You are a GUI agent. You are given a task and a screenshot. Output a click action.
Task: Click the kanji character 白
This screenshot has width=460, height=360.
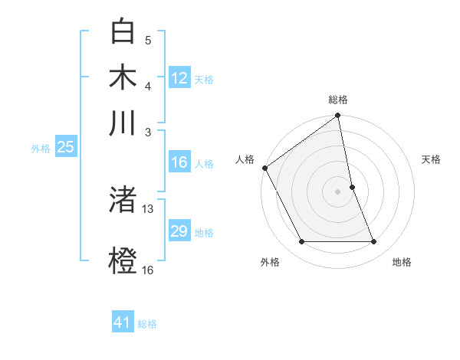click(123, 32)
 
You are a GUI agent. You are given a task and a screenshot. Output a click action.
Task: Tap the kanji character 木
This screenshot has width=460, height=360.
click(123, 77)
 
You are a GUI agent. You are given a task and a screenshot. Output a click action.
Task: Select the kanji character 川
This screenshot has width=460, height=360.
click(123, 123)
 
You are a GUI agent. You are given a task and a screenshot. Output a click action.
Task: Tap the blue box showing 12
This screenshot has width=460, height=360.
click(179, 78)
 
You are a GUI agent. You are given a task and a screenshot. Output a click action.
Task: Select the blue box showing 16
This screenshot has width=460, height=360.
click(179, 162)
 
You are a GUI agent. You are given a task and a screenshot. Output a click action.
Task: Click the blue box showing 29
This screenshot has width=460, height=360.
click(179, 231)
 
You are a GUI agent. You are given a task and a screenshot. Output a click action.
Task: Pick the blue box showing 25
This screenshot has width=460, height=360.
click(65, 147)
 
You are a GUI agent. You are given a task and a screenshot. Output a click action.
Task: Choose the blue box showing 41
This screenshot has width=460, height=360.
click(123, 322)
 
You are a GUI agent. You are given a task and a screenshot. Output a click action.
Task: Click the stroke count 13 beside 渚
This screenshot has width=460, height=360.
click(148, 208)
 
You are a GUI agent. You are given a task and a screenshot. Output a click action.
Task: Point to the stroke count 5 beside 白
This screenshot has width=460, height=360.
click(148, 40)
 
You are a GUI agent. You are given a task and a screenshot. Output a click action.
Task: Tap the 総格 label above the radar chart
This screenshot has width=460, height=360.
click(338, 100)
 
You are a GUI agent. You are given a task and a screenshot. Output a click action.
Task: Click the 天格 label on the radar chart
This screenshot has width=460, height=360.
click(431, 159)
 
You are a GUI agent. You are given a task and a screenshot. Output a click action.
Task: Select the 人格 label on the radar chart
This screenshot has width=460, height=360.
click(245, 159)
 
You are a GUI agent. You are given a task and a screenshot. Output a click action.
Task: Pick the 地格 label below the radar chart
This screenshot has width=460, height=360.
click(402, 262)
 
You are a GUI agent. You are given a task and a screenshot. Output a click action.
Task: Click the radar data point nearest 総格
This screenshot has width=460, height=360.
click(338, 116)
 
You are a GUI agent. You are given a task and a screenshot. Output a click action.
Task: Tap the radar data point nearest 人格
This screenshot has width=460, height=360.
click(264, 168)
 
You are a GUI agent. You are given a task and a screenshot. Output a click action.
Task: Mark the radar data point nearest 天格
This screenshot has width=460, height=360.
click(352, 187)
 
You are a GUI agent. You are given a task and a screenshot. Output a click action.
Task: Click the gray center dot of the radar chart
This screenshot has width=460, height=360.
click(338, 191)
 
